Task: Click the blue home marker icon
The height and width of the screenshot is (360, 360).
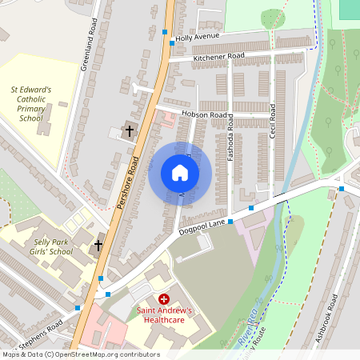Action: (x=180, y=173)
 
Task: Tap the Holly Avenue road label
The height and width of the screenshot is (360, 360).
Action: (x=197, y=37)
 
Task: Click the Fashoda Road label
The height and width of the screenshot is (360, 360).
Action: (x=230, y=137)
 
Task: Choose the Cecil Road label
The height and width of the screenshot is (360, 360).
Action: (x=273, y=119)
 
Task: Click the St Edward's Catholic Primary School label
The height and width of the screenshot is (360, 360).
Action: (x=30, y=104)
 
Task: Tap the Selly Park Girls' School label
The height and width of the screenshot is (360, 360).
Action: (x=43, y=246)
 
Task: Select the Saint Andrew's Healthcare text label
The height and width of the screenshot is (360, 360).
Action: (x=169, y=314)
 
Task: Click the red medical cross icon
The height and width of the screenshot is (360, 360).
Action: (x=164, y=298)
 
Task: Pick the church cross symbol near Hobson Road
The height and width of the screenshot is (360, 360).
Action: (x=129, y=130)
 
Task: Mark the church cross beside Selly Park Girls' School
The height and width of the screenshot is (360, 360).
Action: (x=98, y=245)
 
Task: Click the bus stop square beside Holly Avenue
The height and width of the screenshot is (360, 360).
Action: (x=166, y=32)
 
